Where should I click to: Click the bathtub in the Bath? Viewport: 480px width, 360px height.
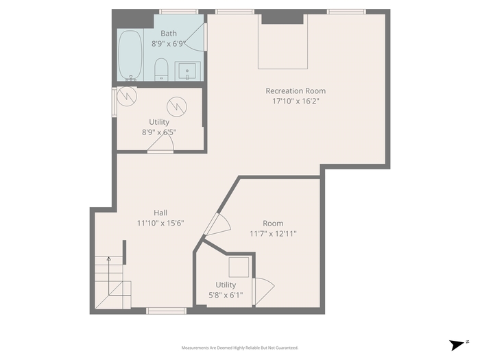point(130,55)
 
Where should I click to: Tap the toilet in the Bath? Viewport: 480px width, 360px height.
point(161,69)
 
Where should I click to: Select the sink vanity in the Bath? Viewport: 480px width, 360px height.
point(187,71)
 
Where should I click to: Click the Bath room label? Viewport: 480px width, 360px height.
point(169,34)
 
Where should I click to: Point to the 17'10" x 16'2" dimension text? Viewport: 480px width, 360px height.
point(296,101)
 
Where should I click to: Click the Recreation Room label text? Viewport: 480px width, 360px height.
point(296,91)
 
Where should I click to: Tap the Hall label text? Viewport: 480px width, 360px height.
point(160,213)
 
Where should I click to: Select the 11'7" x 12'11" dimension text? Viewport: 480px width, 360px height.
point(273,234)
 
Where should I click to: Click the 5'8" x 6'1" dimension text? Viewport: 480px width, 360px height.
point(226,296)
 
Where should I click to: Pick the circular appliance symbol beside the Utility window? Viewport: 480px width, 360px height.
point(127,97)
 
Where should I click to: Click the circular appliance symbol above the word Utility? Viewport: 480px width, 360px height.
point(177,106)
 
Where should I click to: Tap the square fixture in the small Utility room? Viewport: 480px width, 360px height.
point(239,267)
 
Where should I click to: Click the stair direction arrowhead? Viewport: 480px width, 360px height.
point(108,259)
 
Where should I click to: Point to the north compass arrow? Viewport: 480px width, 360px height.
point(457,345)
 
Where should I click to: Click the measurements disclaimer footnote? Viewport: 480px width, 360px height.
point(240,348)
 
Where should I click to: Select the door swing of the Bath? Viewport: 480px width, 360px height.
point(195,37)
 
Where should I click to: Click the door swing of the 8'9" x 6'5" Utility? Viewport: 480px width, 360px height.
point(161,143)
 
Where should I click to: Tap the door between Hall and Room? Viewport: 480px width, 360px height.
point(217,224)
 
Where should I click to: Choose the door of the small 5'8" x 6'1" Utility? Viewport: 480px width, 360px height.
point(263,291)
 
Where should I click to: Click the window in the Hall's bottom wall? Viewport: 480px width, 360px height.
point(166,311)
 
